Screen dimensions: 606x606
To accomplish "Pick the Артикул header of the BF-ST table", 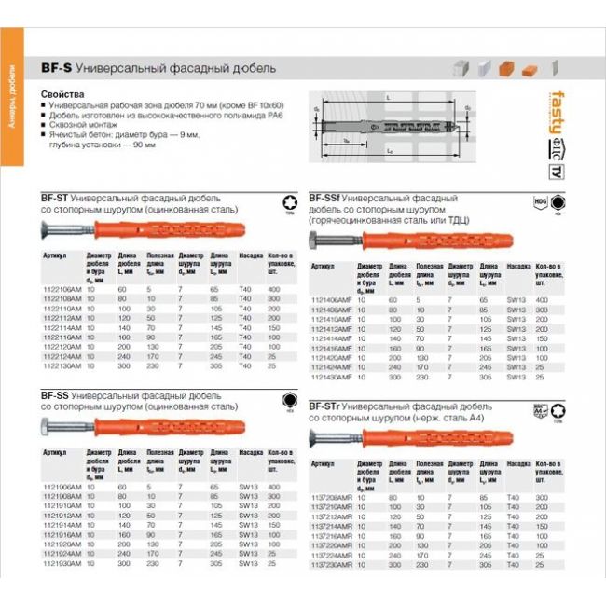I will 53,255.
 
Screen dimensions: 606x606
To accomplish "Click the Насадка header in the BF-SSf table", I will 516,266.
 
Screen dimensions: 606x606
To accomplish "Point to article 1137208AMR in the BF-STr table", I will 332,498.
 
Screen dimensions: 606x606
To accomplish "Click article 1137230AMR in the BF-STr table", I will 332,565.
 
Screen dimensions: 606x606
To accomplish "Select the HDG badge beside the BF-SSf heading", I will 539,200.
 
